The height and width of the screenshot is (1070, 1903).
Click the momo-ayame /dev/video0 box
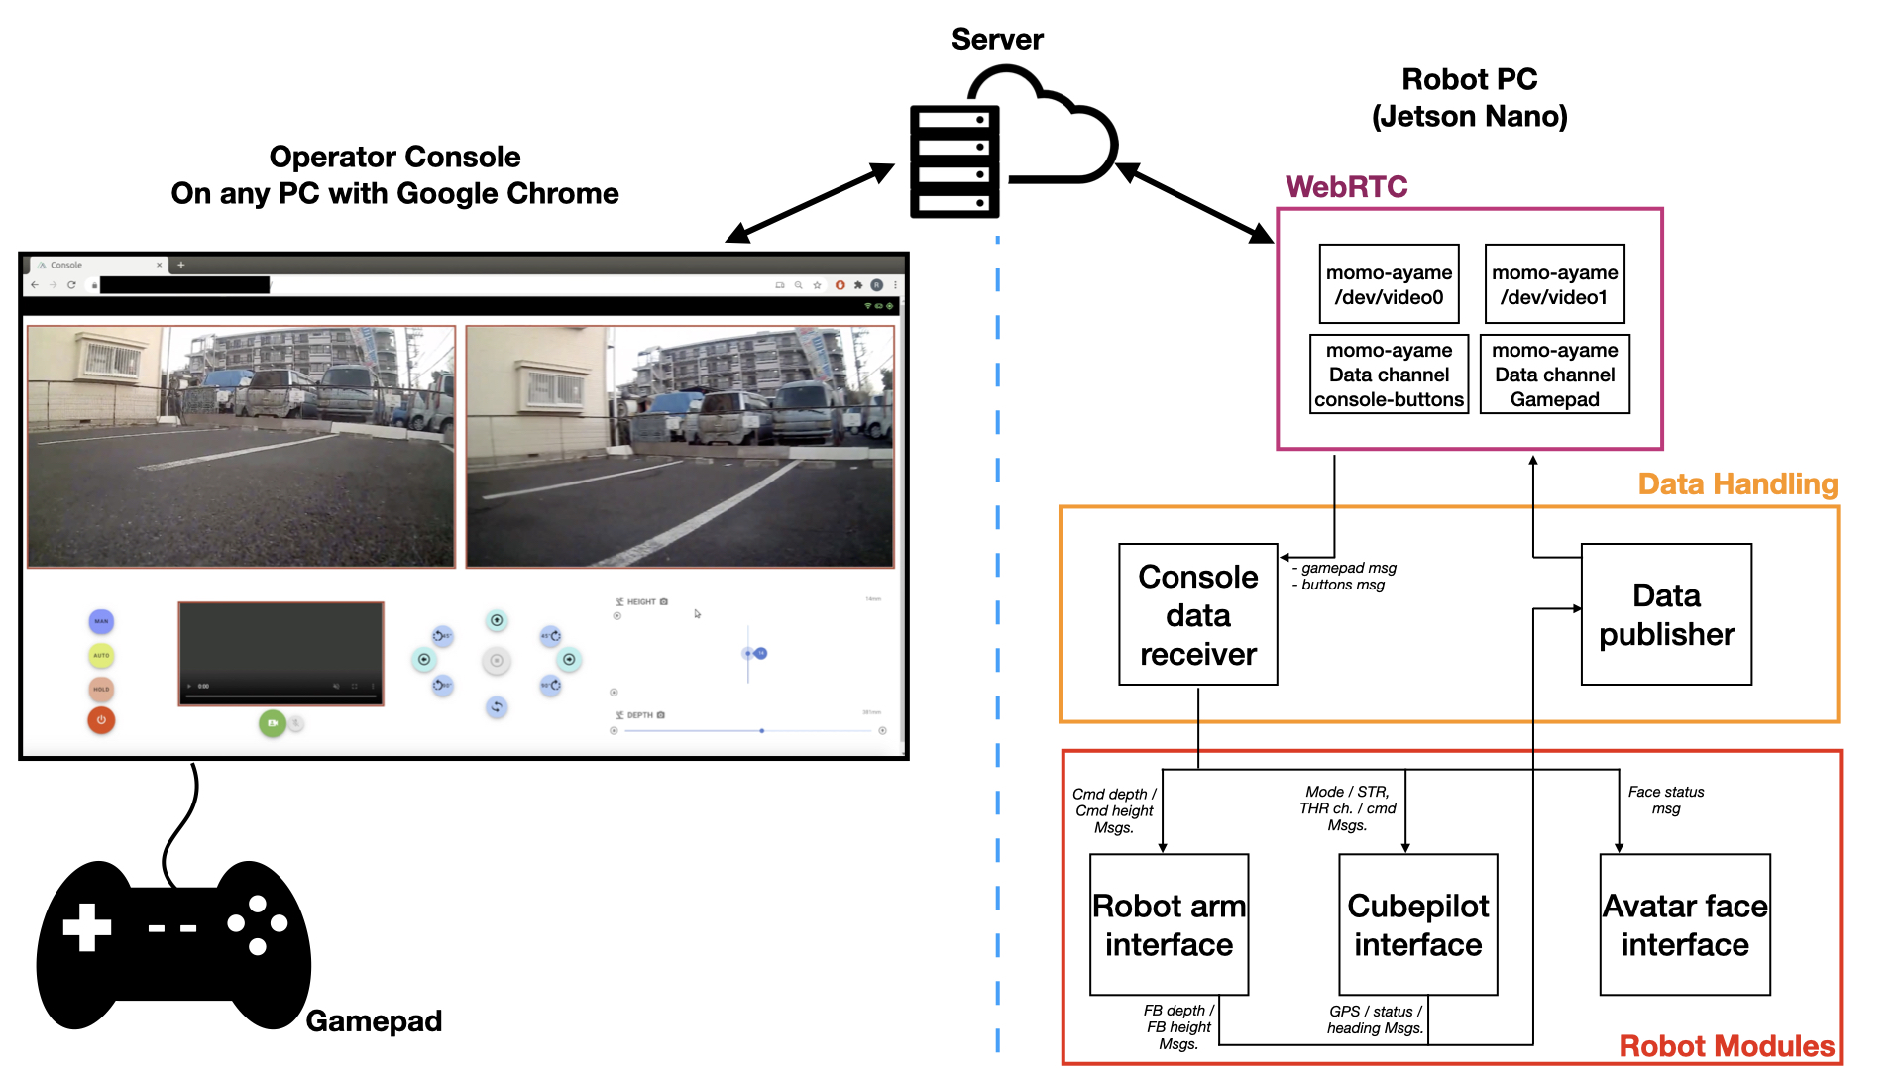coord(1389,284)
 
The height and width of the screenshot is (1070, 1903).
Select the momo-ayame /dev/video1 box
coord(1554,284)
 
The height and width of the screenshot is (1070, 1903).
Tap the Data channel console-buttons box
coord(1389,374)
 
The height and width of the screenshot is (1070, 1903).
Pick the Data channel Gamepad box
coord(1554,374)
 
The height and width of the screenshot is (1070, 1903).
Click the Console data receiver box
coord(1197,614)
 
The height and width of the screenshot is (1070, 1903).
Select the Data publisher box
coord(1666,614)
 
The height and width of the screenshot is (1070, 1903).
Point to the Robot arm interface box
coord(1169,924)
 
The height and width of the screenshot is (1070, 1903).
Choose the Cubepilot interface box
coord(1417,924)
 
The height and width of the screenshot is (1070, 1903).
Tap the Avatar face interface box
coord(1684,924)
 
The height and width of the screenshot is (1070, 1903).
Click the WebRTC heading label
coord(1346,187)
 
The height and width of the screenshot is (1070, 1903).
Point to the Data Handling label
coord(1737,484)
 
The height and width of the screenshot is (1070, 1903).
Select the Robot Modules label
coord(1727,1046)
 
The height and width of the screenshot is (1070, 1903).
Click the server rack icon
coord(954,161)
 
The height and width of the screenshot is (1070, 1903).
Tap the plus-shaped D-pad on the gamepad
coord(87,927)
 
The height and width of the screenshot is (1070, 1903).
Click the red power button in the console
coord(101,720)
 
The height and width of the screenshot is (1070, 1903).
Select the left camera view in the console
coord(241,447)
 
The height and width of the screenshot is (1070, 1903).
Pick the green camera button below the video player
coord(272,723)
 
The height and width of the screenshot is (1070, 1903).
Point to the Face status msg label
coord(1666,801)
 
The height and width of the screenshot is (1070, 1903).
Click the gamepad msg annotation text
coord(1348,568)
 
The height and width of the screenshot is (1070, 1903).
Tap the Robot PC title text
coord(1469,97)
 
